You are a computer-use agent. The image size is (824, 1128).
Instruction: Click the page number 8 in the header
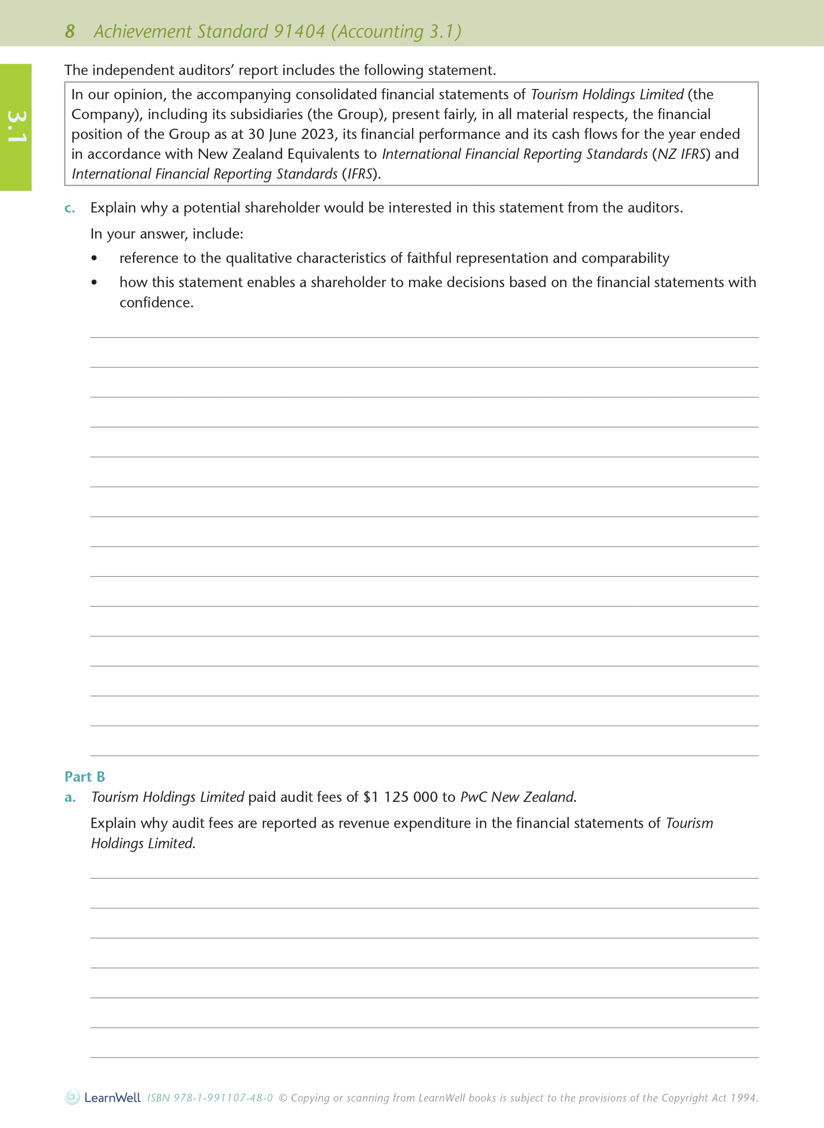point(70,31)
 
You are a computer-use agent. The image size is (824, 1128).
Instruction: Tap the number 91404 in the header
point(299,31)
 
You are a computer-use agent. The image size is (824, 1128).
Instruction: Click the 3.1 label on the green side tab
point(17,126)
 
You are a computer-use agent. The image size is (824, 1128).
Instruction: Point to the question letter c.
point(70,208)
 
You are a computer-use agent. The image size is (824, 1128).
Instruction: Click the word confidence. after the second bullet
point(156,303)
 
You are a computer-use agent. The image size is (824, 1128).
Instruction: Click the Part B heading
point(85,777)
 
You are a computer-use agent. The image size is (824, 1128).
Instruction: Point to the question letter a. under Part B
point(70,798)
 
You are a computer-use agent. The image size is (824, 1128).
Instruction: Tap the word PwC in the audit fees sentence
point(473,797)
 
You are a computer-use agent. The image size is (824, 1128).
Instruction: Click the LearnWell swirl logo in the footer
point(72,1098)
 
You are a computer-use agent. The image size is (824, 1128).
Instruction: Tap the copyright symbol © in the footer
point(283,1098)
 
